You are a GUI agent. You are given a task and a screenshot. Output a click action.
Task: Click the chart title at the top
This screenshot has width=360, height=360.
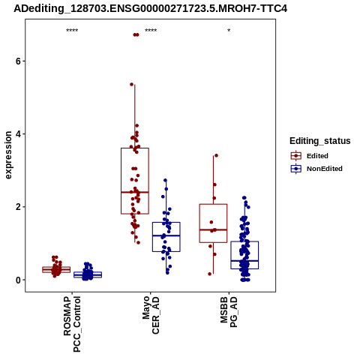[x=150, y=8]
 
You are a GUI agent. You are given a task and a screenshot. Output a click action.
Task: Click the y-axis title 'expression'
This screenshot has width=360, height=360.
[x=8, y=155]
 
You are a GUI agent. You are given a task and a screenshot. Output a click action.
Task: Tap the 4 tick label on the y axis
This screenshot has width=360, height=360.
[x=18, y=134]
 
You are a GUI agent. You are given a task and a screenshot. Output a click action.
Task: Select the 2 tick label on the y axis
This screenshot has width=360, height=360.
[x=18, y=207]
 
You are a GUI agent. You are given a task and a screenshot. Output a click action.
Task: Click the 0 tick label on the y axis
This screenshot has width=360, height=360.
[x=18, y=280]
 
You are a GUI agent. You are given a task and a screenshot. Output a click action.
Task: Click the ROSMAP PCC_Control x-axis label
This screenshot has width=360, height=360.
[x=72, y=324]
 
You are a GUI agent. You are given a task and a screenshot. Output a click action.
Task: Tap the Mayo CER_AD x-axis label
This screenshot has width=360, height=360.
[x=151, y=315]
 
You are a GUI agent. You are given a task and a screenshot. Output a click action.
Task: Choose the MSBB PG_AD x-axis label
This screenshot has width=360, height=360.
[x=229, y=312]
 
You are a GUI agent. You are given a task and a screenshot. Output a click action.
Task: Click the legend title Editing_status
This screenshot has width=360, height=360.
[x=320, y=141]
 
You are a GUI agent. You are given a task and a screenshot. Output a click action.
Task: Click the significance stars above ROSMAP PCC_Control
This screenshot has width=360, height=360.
[x=72, y=31]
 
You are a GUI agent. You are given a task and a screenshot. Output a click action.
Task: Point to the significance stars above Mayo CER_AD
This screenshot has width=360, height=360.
[x=151, y=31]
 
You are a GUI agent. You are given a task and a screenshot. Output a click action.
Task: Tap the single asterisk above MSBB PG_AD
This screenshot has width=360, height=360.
[x=229, y=31]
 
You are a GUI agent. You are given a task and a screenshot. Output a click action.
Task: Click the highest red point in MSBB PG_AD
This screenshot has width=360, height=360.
[x=216, y=155]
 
